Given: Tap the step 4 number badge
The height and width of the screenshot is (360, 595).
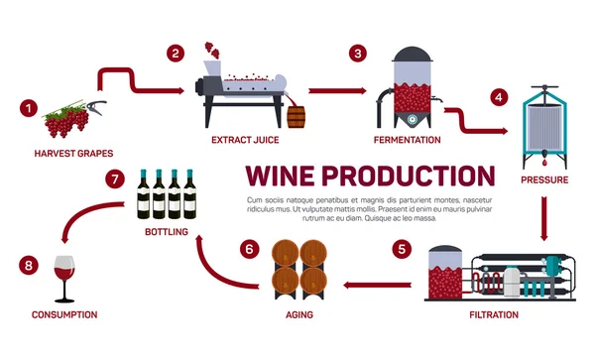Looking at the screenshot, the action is (x=500, y=98).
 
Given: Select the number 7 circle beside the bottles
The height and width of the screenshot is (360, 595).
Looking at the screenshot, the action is (x=115, y=180).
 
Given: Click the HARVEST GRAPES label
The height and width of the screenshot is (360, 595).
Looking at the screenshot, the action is (x=73, y=154).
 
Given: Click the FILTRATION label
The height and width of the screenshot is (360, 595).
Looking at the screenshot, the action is (x=493, y=314).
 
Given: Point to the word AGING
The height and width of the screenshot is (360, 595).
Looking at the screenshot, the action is (x=300, y=314).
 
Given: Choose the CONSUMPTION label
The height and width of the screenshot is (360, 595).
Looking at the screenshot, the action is (x=63, y=314).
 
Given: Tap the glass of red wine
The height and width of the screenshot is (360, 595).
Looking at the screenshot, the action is (x=64, y=278).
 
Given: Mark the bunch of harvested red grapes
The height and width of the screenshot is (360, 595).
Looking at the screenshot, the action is (x=66, y=122).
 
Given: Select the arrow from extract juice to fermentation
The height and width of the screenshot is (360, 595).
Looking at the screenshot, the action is (x=326, y=89).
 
